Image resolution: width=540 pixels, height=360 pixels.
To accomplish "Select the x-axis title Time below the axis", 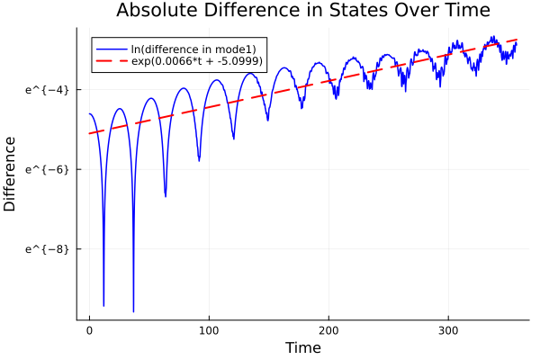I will (x=302, y=347).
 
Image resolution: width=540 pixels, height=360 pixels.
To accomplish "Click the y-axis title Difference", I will (x=10, y=174).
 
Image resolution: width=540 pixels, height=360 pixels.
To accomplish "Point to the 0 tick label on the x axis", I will (x=89, y=330).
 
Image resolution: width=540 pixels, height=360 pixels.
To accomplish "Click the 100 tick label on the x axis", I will (x=209, y=330).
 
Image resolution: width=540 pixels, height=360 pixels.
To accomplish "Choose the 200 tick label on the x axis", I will (x=329, y=330).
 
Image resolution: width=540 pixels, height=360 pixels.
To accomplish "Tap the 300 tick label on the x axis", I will (x=449, y=330).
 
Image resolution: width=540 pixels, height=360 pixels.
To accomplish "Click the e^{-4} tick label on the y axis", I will (x=49, y=89).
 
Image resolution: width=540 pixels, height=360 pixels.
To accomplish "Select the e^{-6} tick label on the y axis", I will (x=49, y=169).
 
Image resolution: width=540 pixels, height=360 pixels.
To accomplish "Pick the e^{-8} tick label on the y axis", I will (x=49, y=248).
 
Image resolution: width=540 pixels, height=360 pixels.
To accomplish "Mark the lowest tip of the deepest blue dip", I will (x=133, y=311).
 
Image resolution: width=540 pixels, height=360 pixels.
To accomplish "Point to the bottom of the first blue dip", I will (x=103, y=306).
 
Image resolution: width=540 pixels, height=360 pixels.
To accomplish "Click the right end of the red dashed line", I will (x=517, y=40).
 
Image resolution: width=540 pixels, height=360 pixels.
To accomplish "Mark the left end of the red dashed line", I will (x=89, y=134).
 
